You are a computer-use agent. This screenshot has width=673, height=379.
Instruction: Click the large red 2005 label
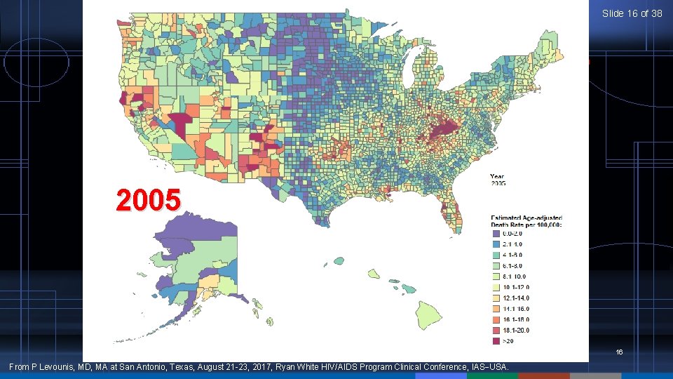pos(149,201)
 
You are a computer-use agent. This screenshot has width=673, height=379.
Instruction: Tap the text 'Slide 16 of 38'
pos(632,13)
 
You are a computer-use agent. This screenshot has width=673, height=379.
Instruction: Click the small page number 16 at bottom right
pos(619,352)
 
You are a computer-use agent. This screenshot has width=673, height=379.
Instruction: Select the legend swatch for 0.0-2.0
pos(495,233)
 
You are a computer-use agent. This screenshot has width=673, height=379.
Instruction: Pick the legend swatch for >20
pos(495,341)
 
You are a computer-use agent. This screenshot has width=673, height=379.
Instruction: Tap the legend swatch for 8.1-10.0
pos(495,277)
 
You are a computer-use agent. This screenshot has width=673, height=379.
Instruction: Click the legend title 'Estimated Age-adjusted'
pos(526,218)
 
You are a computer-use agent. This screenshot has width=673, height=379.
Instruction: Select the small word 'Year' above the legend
pos(496,176)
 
